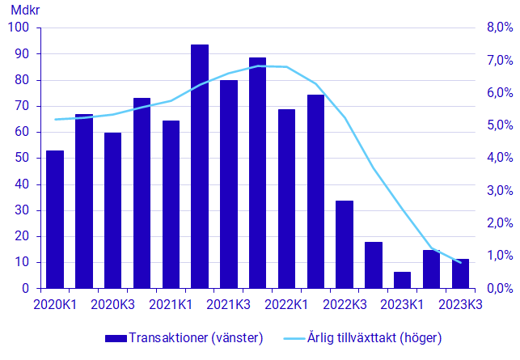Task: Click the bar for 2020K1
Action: pos(55,219)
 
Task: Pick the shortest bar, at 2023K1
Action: pos(402,280)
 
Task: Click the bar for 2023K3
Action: pos(460,273)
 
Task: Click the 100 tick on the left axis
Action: pos(19,28)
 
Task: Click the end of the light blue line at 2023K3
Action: pos(460,262)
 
